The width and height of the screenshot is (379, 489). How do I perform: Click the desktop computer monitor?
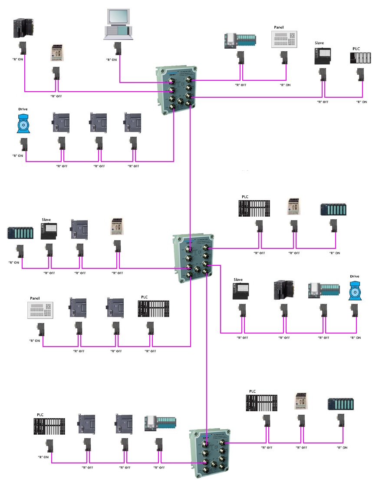pyautogui.click(x=118, y=16)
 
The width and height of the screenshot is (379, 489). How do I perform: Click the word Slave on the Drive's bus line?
pyautogui.click(x=238, y=280)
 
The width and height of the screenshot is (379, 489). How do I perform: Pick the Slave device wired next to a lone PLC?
pyautogui.click(x=322, y=57)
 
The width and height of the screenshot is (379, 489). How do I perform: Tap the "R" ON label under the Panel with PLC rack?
pyautogui.click(x=34, y=340)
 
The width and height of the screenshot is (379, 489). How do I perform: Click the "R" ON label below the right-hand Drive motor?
pyautogui.click(x=355, y=337)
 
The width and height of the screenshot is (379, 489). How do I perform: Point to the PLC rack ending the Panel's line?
pyautogui.click(x=153, y=309)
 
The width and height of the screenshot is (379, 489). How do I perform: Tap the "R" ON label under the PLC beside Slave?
pyautogui.click(x=361, y=102)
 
